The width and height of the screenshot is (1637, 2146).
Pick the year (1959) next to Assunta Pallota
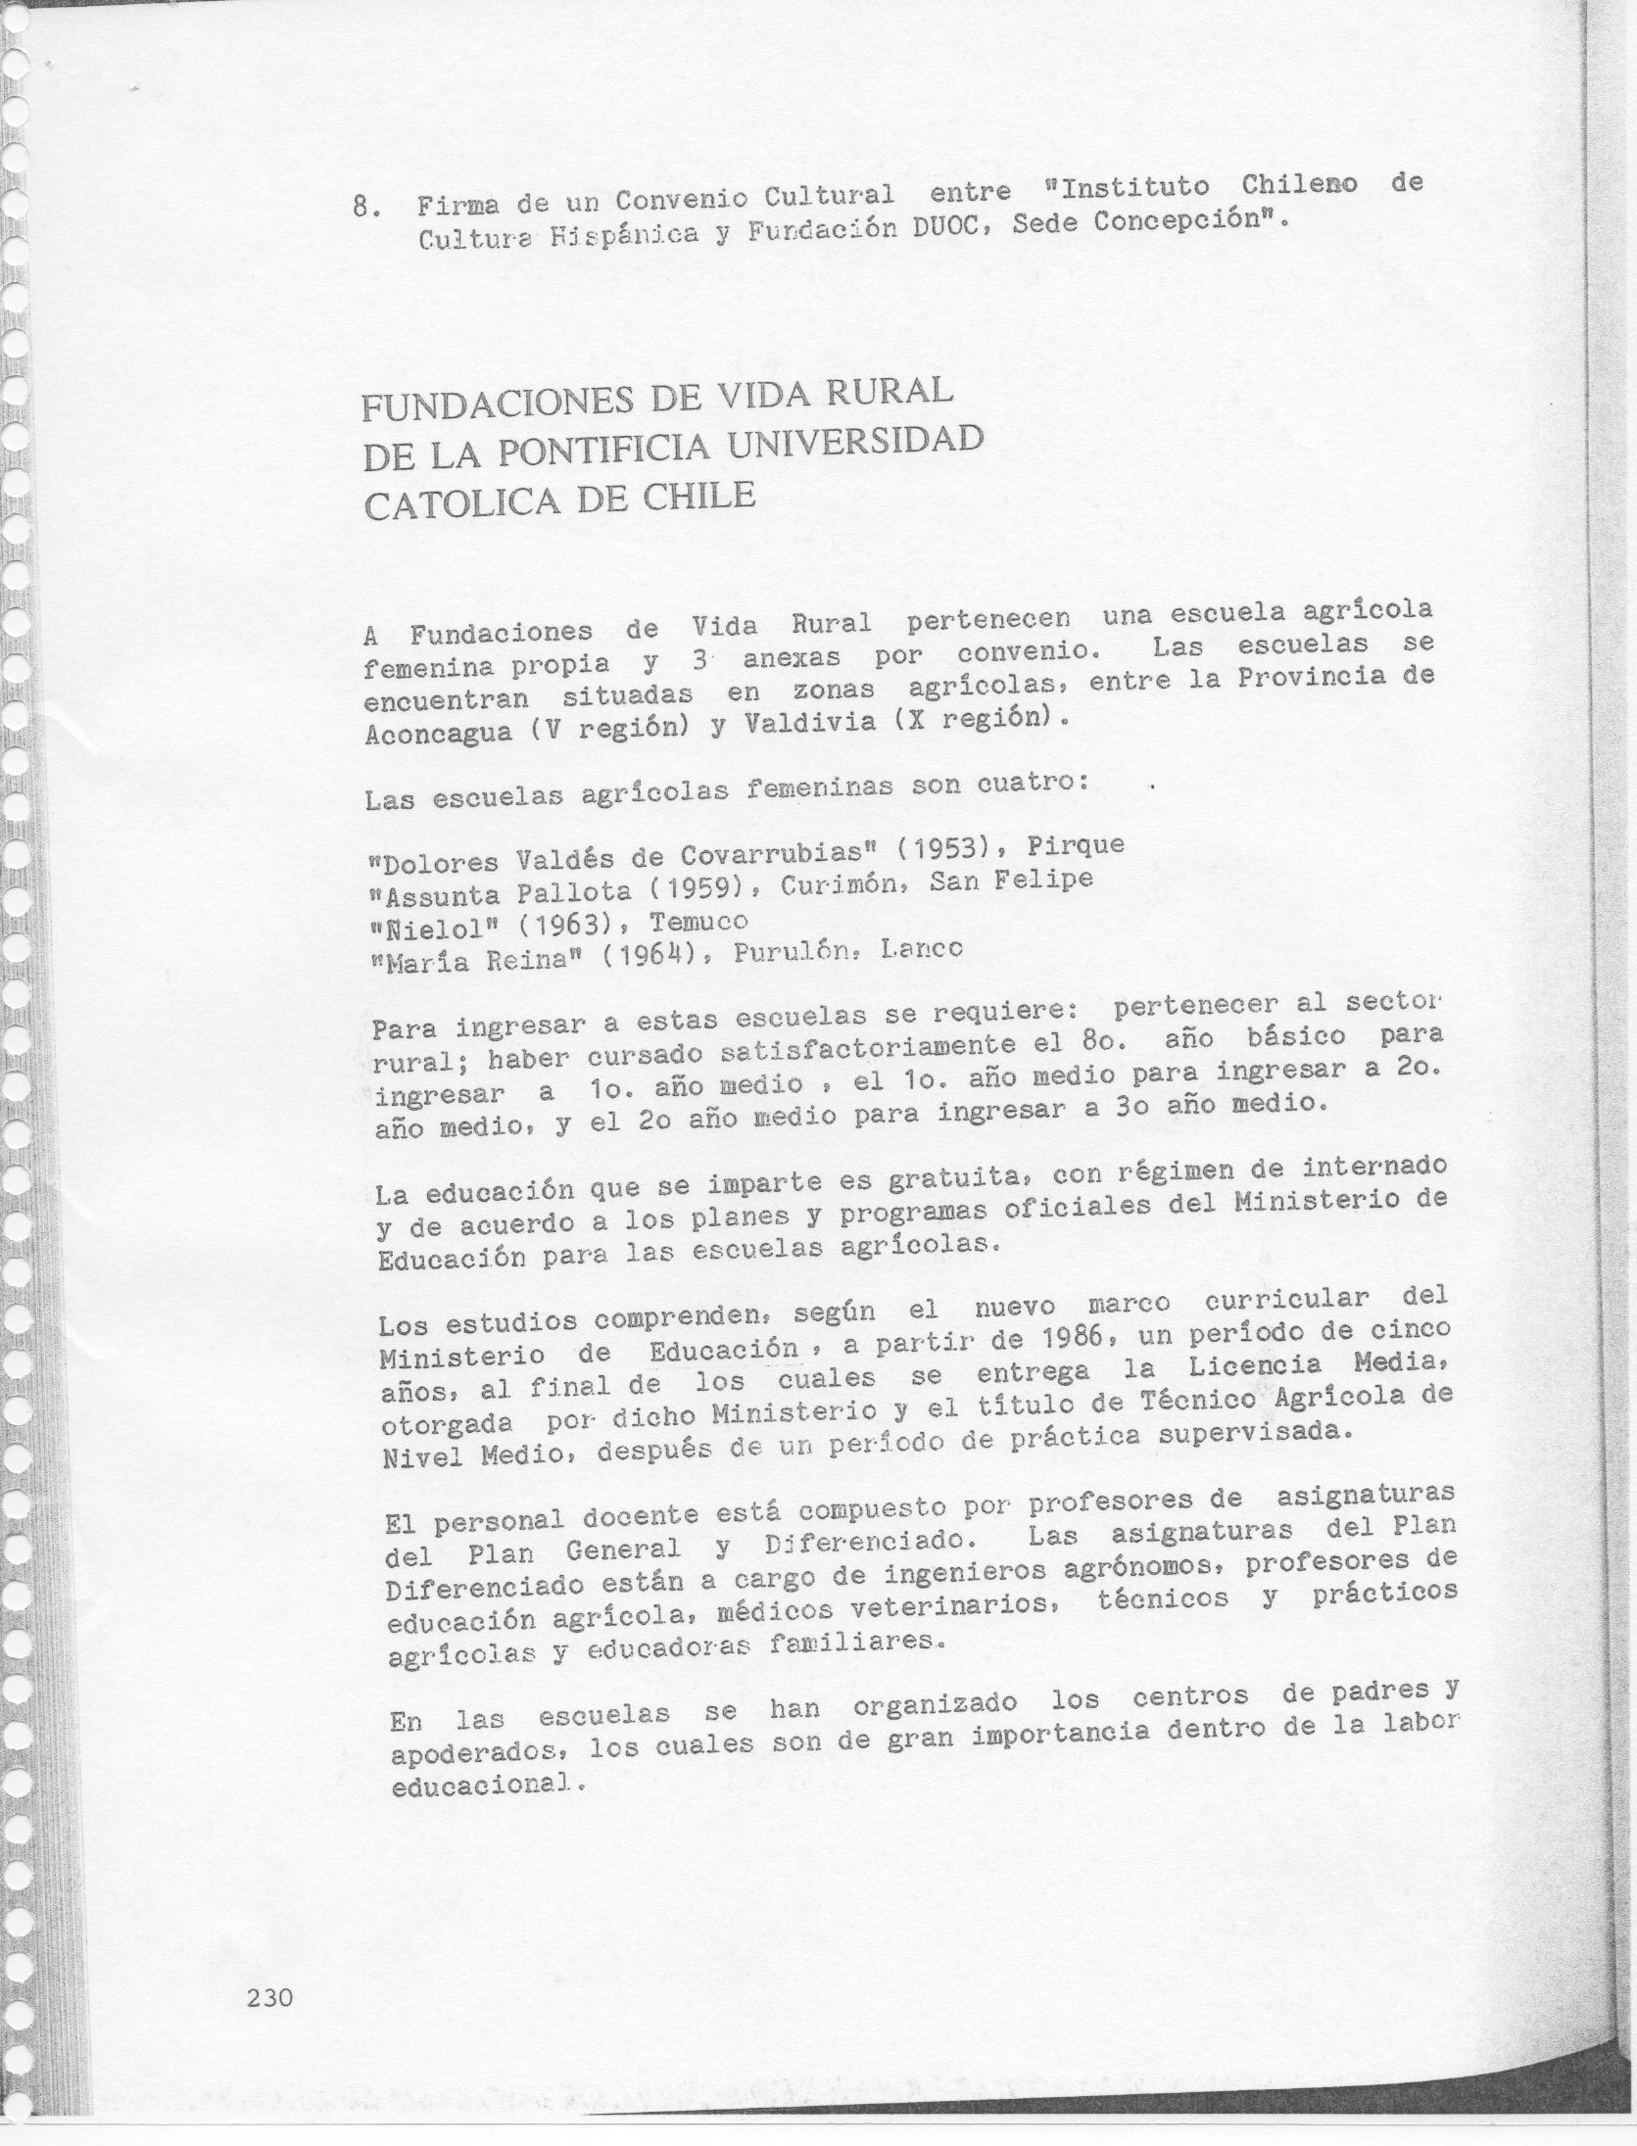pyautogui.click(x=693, y=888)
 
